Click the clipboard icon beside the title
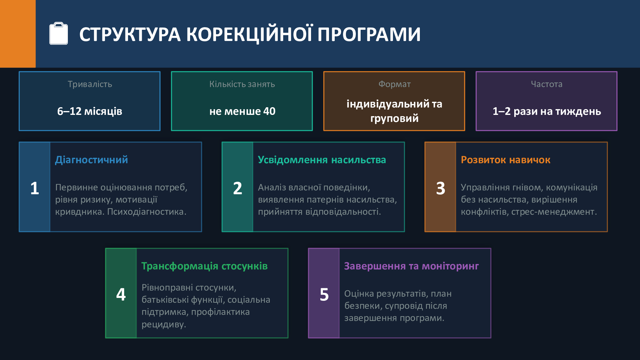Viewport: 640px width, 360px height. click(x=59, y=33)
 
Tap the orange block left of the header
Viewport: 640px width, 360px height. click(x=18, y=34)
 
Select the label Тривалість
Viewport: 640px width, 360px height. click(x=90, y=84)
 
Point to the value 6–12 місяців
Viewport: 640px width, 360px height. click(x=90, y=111)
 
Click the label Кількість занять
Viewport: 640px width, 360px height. click(x=242, y=84)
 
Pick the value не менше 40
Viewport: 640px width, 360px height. click(x=242, y=111)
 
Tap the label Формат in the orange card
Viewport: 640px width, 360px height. click(x=394, y=84)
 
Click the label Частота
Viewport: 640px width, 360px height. click(x=547, y=84)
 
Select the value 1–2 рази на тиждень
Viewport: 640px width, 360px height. click(x=547, y=111)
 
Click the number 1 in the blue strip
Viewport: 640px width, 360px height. click(x=35, y=188)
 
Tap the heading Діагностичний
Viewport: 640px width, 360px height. click(x=92, y=160)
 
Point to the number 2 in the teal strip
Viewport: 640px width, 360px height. click(x=237, y=188)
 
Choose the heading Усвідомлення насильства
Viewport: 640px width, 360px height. click(x=322, y=160)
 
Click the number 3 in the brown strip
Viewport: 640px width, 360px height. click(x=441, y=188)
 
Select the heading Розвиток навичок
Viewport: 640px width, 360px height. click(x=506, y=160)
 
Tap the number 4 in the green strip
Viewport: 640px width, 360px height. click(x=121, y=294)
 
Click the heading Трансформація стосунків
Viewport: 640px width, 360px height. click(x=204, y=266)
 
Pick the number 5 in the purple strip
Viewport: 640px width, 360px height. click(x=324, y=294)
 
